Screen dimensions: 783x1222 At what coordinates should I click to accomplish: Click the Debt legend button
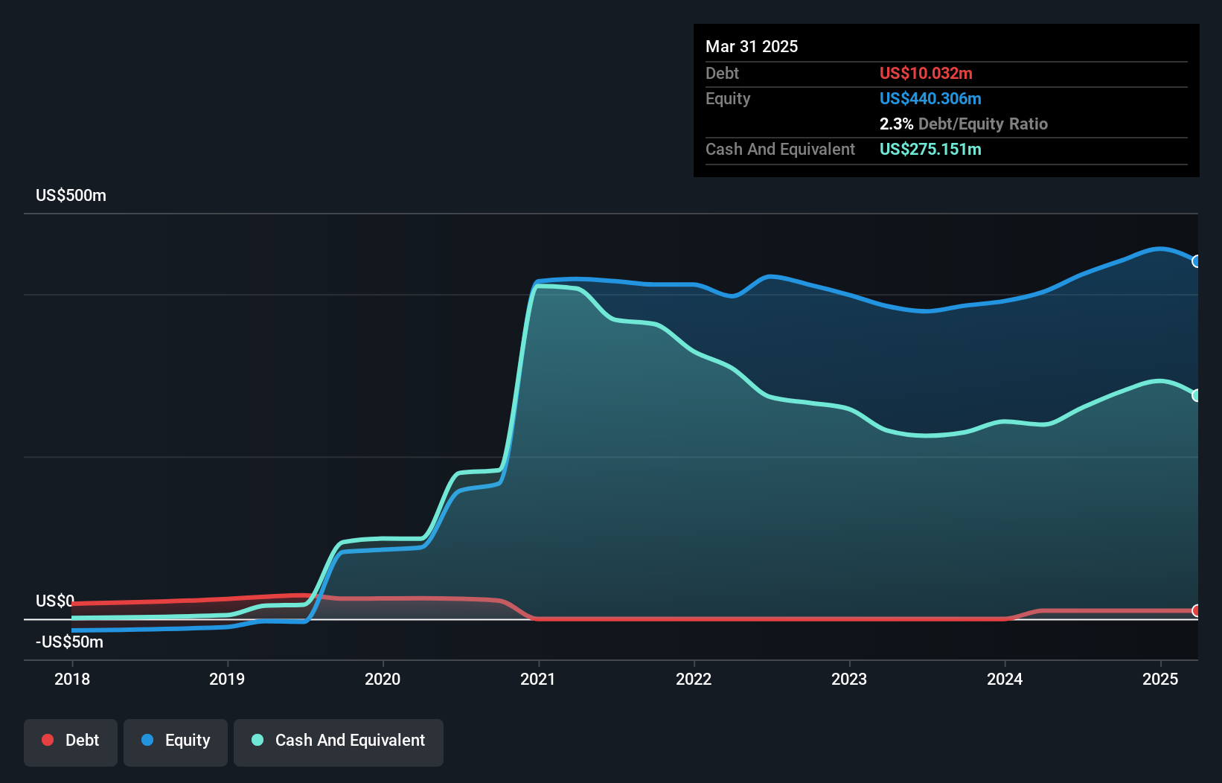tap(71, 741)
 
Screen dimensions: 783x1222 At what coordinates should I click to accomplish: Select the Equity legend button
tap(176, 741)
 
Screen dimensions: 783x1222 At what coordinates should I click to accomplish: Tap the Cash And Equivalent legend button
tap(339, 741)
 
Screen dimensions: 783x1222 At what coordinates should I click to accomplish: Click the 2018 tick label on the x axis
tap(72, 679)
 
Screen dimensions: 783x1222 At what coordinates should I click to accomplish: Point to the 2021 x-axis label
tap(538, 679)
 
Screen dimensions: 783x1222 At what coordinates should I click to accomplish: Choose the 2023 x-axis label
tap(849, 679)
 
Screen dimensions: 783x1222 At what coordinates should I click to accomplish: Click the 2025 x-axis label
tap(1160, 679)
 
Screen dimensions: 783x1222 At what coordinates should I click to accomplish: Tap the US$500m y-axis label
tap(71, 196)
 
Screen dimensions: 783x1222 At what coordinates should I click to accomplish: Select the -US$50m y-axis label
tap(69, 642)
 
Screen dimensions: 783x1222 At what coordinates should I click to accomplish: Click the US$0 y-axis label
tap(55, 601)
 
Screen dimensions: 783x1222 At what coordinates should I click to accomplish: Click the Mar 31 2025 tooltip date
tap(752, 47)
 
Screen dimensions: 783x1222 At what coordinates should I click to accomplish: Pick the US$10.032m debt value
tap(926, 74)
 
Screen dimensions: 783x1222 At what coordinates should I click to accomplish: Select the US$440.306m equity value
tap(930, 99)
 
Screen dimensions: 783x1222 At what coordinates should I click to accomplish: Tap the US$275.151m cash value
tap(930, 150)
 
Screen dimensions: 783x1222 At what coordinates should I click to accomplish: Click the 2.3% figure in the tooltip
tap(896, 124)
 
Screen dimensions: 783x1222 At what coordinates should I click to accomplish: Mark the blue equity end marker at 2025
tap(1197, 261)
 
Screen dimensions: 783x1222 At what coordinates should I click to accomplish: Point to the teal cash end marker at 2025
tap(1197, 396)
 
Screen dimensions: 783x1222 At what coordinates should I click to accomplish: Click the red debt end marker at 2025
tap(1197, 611)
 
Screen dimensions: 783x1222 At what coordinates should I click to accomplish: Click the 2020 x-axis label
tap(383, 679)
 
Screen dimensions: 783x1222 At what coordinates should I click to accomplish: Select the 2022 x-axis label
tap(694, 679)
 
